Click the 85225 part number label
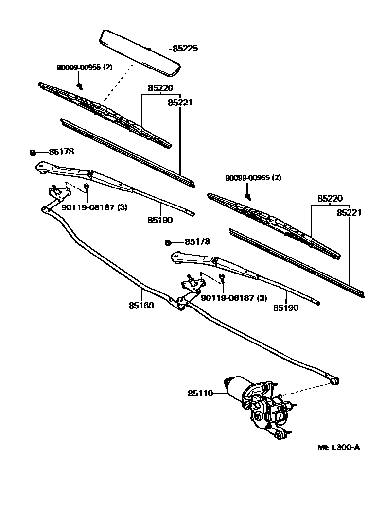pyautogui.click(x=185, y=49)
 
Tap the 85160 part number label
pyautogui.click(x=141, y=306)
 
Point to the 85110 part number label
pyautogui.click(x=200, y=393)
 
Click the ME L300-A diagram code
pyautogui.click(x=339, y=447)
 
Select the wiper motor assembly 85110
pyautogui.click(x=260, y=406)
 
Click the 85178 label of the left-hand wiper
pyautogui.click(x=61, y=152)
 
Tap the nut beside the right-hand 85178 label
pyautogui.click(x=167, y=242)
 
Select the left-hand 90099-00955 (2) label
pyautogui.click(x=83, y=67)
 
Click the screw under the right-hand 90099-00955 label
pyautogui.click(x=248, y=197)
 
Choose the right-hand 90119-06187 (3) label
pyautogui.click(x=233, y=298)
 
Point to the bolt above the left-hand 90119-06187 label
pyautogui.click(x=86, y=187)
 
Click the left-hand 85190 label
pyautogui.click(x=160, y=220)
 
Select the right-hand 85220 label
pyautogui.click(x=330, y=199)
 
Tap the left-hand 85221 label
pyautogui.click(x=180, y=103)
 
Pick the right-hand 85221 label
pyautogui.click(x=349, y=213)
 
